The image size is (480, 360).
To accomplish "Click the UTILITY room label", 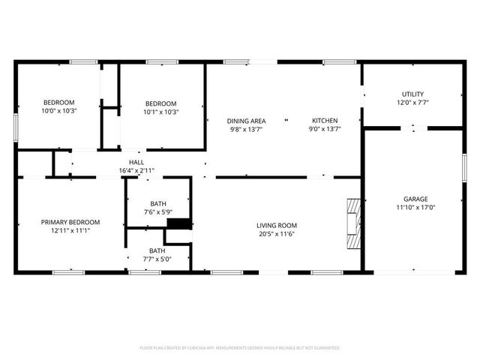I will (413, 94).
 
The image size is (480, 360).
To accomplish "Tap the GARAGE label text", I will (415, 199).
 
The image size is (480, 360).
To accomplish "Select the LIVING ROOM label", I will (277, 225).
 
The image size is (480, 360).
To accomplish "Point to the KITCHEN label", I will (325, 120).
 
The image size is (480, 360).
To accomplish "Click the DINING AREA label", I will (247, 120).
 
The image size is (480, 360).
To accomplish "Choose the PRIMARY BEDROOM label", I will (70, 222).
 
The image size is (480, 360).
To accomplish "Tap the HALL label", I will (136, 162).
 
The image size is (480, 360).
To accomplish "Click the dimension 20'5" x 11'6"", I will (277, 233).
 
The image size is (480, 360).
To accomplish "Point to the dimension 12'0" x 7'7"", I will (413, 102).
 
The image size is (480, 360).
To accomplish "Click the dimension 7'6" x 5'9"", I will (157, 212).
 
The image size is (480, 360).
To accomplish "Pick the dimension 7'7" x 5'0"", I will (157, 259).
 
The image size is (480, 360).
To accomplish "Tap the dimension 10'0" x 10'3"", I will (58, 111).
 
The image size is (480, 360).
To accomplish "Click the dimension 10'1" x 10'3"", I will (160, 112).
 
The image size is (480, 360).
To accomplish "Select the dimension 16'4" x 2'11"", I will (136, 170).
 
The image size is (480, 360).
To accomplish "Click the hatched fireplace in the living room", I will (352, 223).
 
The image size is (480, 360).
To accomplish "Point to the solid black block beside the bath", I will (178, 223).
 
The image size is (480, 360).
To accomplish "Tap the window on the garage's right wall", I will (464, 166).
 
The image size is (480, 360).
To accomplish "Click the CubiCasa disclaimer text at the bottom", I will (240, 348).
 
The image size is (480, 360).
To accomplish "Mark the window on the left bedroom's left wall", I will (15, 125).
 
